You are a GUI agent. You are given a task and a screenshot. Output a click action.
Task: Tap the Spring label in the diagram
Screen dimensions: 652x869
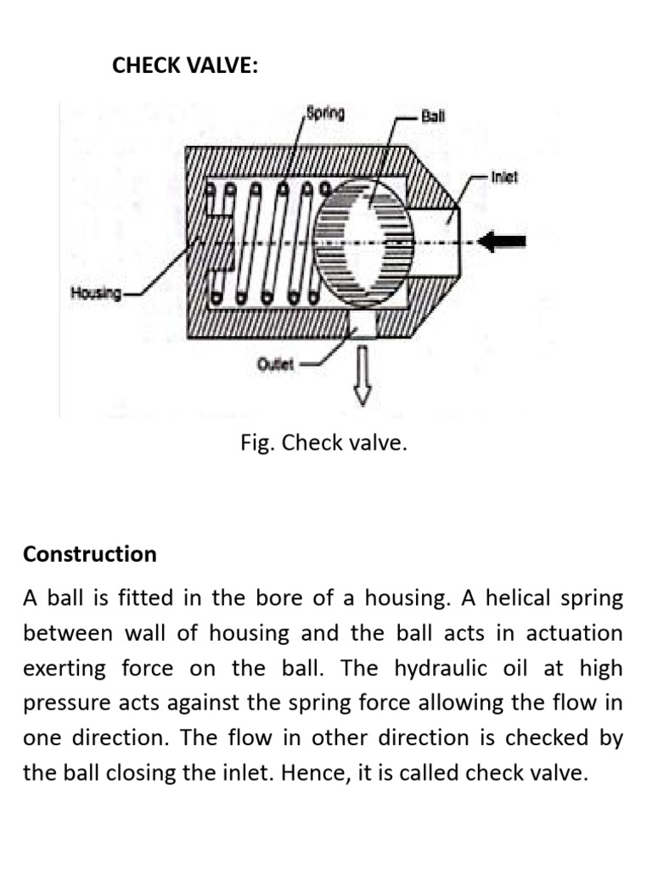tap(325, 114)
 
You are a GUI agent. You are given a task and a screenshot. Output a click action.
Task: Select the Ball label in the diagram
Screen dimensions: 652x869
tap(434, 116)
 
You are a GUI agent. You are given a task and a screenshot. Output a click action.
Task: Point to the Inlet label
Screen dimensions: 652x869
tap(504, 178)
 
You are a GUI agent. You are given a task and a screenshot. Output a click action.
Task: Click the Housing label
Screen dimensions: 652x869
tap(94, 294)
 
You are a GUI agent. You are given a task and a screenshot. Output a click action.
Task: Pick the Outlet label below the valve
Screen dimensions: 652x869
tap(275, 364)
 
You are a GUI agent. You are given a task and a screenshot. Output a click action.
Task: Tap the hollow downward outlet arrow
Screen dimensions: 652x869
tap(363, 374)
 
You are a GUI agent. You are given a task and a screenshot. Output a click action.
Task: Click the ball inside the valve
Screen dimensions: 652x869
tap(364, 242)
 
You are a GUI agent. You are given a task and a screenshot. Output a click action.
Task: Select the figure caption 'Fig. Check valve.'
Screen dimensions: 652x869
tap(323, 443)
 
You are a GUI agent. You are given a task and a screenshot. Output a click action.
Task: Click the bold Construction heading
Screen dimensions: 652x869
tap(90, 554)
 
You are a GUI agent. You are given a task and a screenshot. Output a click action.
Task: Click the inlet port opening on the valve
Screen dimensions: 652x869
tap(449, 242)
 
